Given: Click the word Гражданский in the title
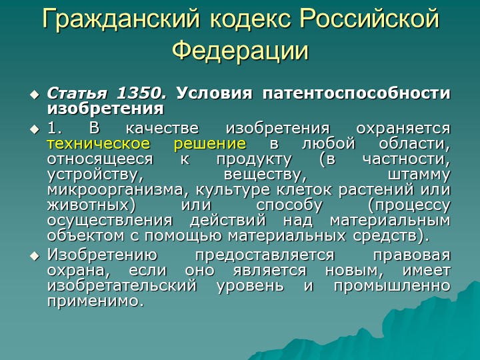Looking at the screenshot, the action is [x=121, y=19].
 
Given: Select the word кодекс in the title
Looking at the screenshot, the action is [x=249, y=19].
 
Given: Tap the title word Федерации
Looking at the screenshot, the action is [x=240, y=51].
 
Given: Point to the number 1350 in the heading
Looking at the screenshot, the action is [x=141, y=93].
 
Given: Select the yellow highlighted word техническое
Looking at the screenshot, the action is [x=99, y=143].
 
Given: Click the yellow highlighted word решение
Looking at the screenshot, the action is [x=210, y=144].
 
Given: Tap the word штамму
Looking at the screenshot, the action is [x=419, y=175].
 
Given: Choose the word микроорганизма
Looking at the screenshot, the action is [x=116, y=190].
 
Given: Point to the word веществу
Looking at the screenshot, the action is [x=265, y=175].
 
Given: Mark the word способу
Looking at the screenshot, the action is [x=289, y=205].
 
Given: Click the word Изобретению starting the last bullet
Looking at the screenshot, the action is [x=102, y=255].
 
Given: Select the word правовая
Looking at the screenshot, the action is [x=412, y=255].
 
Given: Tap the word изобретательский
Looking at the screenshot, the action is [x=121, y=285].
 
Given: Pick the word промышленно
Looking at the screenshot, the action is [x=392, y=286].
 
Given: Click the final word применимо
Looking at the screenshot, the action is [x=95, y=301].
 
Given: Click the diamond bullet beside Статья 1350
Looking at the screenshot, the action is [x=35, y=94].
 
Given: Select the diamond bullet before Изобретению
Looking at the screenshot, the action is [x=35, y=256].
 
